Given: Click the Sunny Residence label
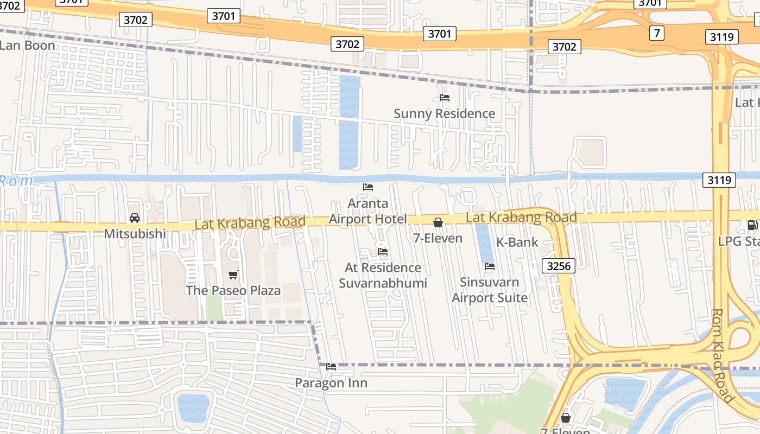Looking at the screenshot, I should (x=444, y=113).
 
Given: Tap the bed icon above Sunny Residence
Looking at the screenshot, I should (x=445, y=98).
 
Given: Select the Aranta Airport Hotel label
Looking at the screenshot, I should (x=368, y=211).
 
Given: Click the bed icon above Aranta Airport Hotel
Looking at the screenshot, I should (x=368, y=187).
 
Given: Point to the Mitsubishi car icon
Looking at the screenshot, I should (x=135, y=218).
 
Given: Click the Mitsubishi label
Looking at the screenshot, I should (x=135, y=234).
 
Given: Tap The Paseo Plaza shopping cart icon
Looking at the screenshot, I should (x=233, y=275).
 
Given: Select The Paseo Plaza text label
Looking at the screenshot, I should (x=233, y=290).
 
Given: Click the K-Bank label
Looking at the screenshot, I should (x=517, y=242).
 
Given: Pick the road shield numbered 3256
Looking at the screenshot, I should (x=558, y=266).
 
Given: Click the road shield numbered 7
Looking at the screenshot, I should (x=657, y=33).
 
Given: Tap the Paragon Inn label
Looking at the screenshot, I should (x=331, y=383).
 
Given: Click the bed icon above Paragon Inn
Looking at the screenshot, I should (x=331, y=367).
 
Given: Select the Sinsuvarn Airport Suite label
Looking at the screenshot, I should (x=490, y=290).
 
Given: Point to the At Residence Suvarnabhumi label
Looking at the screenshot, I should (x=383, y=275).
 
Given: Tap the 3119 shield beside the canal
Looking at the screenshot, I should (x=719, y=180).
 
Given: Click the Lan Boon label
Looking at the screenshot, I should (x=27, y=46).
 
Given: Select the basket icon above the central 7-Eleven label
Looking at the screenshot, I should (x=438, y=222).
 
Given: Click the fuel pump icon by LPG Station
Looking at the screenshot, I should (x=752, y=225).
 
